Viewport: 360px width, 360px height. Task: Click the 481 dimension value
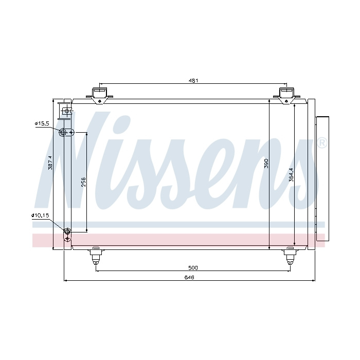pyautogui.click(x=193, y=81)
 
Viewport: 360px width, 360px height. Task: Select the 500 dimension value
pyautogui.click(x=193, y=268)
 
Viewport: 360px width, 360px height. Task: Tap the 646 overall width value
pyautogui.click(x=189, y=277)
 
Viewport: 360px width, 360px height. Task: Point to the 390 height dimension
pyautogui.click(x=266, y=163)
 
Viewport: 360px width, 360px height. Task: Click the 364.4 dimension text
pyautogui.click(x=291, y=175)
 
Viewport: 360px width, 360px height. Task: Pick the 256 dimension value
pyautogui.click(x=83, y=182)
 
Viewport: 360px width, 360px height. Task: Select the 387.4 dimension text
pyautogui.click(x=50, y=163)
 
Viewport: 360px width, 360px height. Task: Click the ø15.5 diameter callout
pyautogui.click(x=42, y=123)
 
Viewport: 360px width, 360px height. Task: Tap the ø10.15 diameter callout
pyautogui.click(x=40, y=215)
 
